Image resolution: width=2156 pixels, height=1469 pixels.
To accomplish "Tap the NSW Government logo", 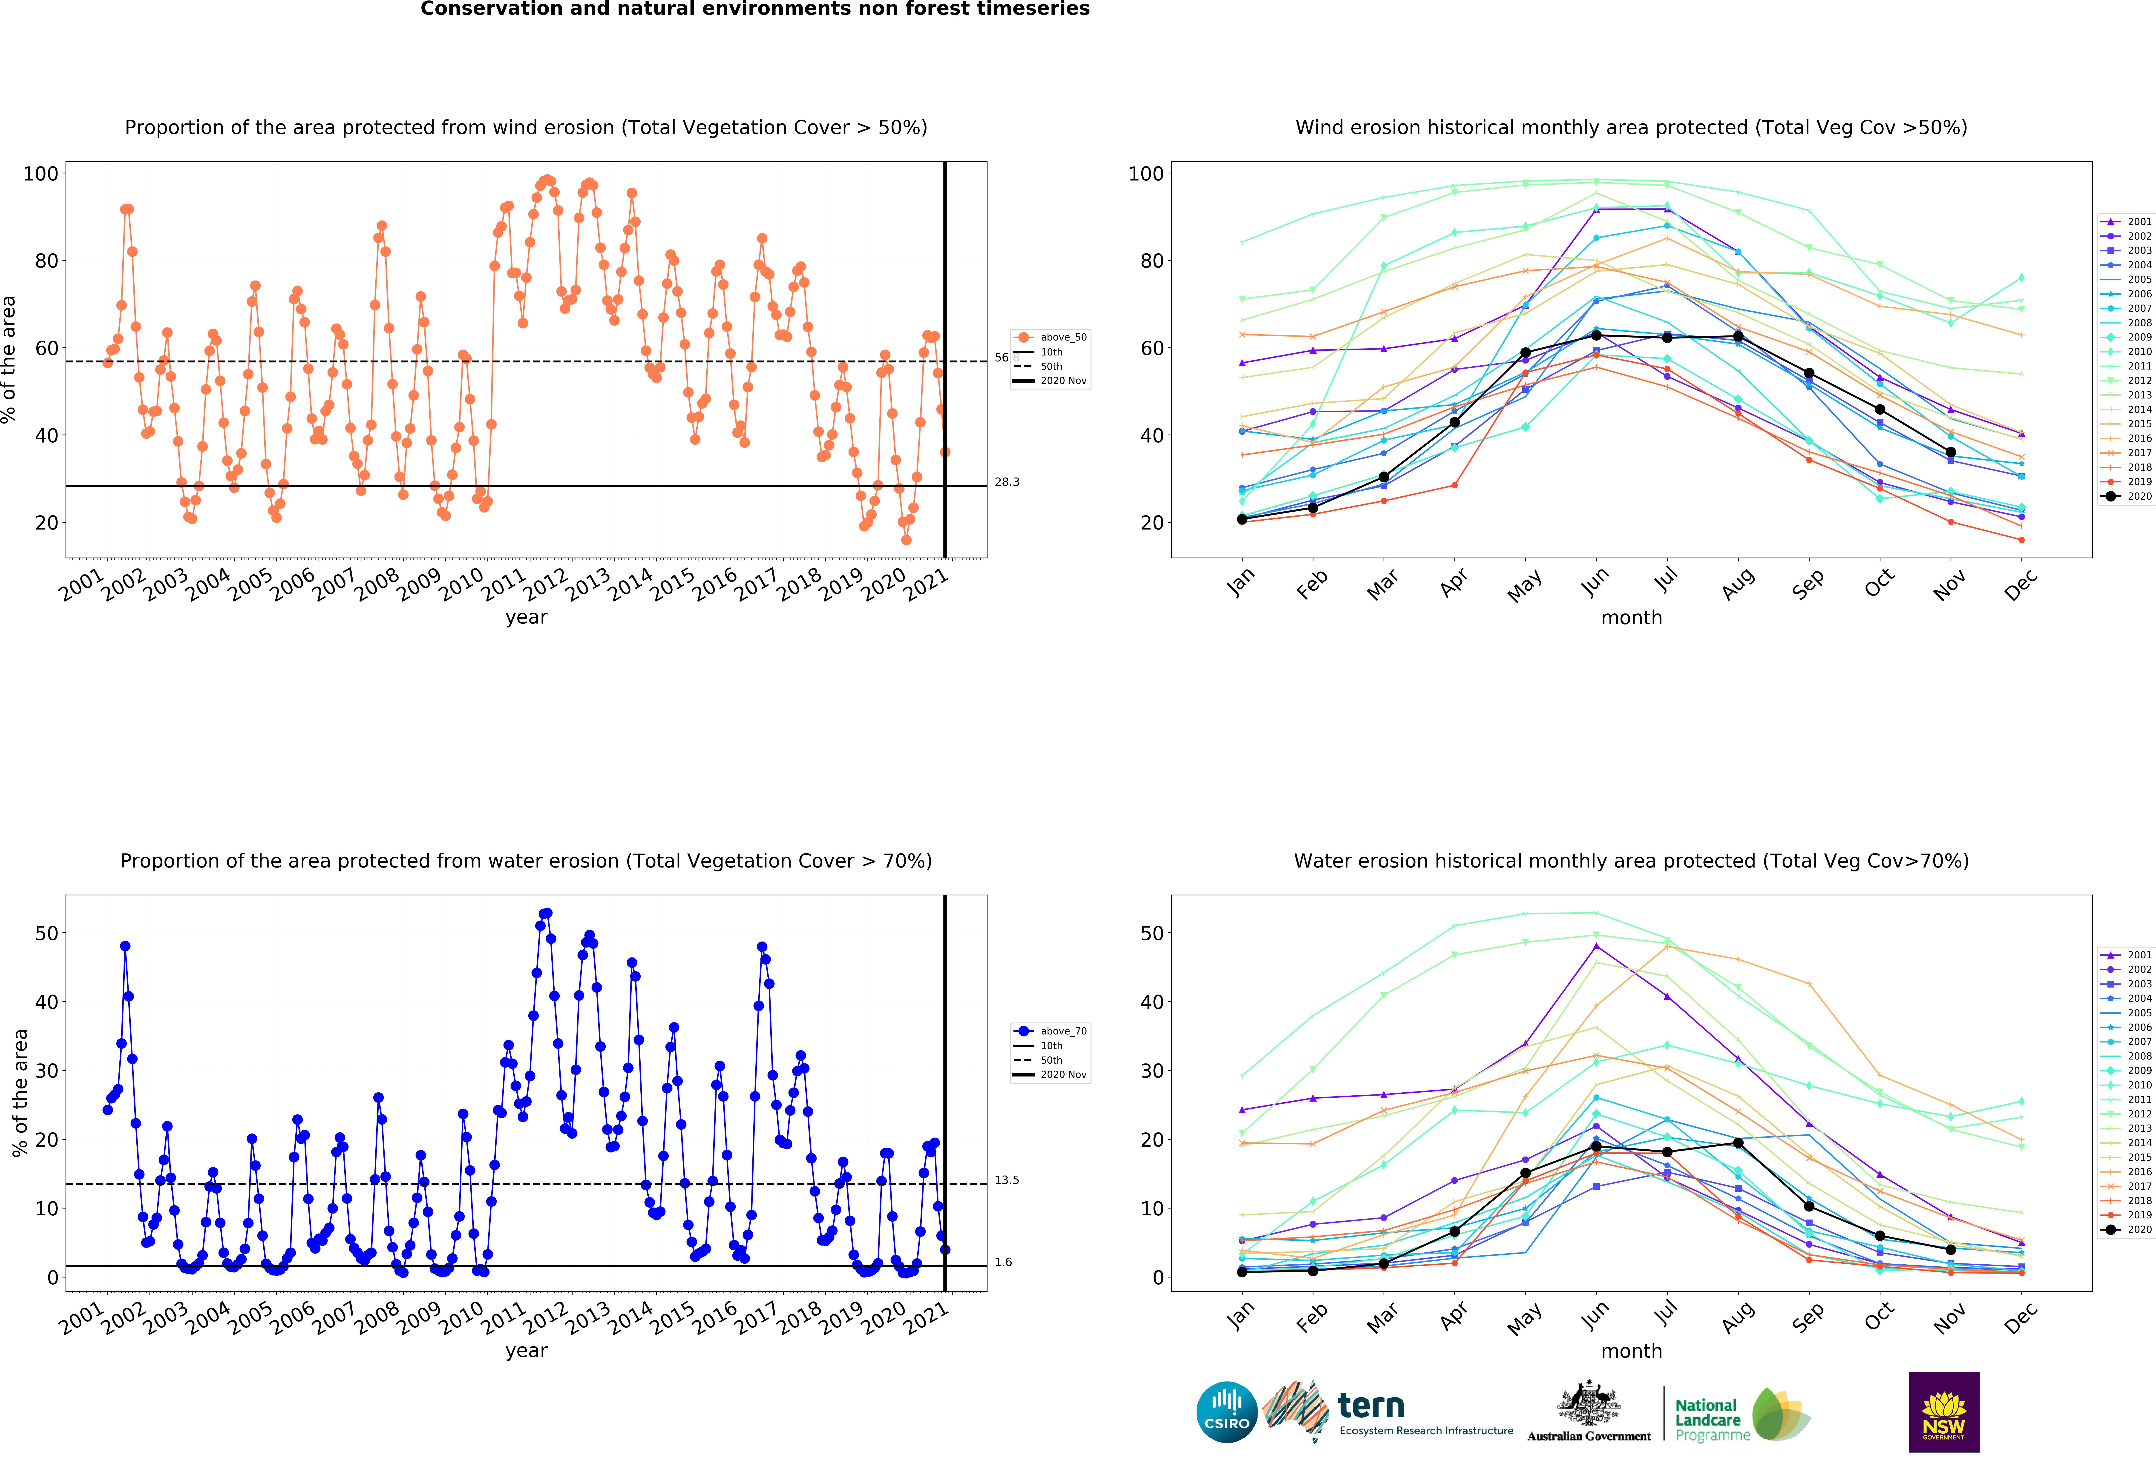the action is pos(1943,1412).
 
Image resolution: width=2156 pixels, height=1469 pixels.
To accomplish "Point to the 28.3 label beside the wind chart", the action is pos(1007,482).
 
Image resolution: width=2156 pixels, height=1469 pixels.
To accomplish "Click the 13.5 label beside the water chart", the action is pos(1007,1180).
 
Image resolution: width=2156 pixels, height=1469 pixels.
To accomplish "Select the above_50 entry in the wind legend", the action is pos(1050,338).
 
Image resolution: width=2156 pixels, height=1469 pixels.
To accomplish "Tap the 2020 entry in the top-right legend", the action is pos(2126,496).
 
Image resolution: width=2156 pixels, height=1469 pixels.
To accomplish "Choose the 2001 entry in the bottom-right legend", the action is pos(2126,954).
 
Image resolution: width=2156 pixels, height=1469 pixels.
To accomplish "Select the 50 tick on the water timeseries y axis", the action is pos(46,933).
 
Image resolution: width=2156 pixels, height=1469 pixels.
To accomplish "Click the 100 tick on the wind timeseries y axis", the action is pos(41,173).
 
